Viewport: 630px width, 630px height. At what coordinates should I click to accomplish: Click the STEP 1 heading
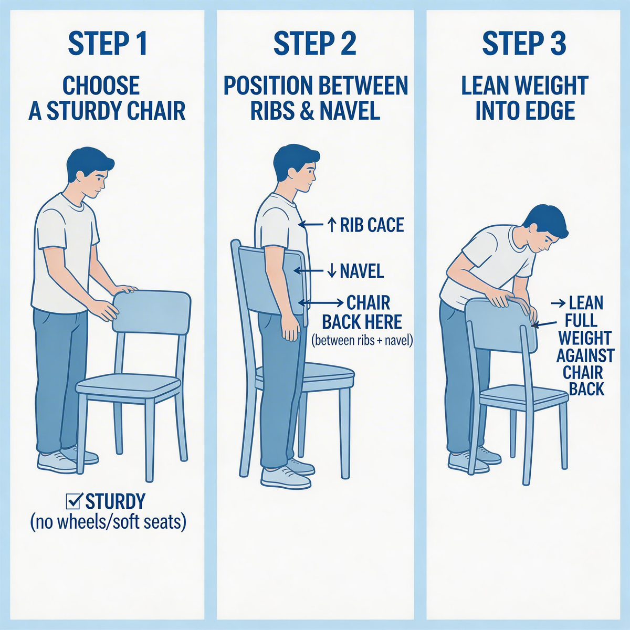click(x=108, y=44)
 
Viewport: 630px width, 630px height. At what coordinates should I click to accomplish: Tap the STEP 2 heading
click(x=315, y=44)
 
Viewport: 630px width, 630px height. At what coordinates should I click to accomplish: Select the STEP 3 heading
click(x=524, y=44)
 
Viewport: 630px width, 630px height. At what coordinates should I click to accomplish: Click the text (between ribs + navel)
click(x=362, y=341)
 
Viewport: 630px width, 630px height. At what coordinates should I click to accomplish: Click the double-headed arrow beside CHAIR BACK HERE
click(x=321, y=303)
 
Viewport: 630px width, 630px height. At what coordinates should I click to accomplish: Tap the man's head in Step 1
click(x=89, y=173)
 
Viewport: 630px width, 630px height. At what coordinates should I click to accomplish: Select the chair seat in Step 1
click(x=129, y=387)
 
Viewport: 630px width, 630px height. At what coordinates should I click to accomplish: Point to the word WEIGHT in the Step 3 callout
click(x=584, y=338)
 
